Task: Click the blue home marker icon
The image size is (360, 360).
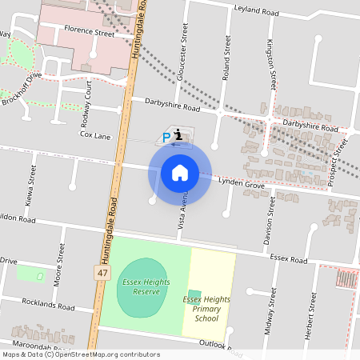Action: [x=180, y=173]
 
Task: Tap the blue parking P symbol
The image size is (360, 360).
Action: [x=166, y=138]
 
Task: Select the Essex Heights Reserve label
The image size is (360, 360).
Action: [x=142, y=286]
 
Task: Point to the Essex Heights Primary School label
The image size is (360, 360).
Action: [x=206, y=309]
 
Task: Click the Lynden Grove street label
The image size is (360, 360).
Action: [x=241, y=183]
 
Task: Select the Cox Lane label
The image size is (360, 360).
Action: [x=95, y=135]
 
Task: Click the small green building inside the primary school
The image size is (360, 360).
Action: [x=194, y=294]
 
